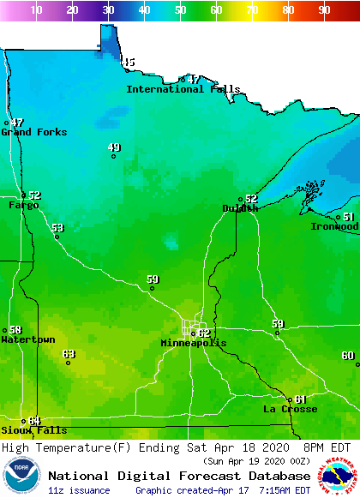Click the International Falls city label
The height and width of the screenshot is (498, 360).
tap(183, 89)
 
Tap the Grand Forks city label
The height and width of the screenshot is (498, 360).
tap(34, 132)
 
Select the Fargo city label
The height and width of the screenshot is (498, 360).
tap(24, 206)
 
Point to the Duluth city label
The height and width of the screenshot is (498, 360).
tap(240, 208)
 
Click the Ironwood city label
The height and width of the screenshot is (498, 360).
tap(334, 226)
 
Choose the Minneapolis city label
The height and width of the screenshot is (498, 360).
tap(194, 343)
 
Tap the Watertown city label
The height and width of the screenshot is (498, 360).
tap(27, 339)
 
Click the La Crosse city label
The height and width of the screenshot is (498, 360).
tap(290, 409)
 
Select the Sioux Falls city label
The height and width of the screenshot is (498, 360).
tap(33, 430)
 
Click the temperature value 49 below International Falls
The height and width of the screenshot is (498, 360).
tap(114, 147)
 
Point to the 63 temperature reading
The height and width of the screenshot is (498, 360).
tap(69, 353)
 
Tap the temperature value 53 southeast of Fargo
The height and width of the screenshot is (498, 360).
tap(57, 228)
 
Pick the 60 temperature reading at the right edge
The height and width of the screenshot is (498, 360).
tap(347, 355)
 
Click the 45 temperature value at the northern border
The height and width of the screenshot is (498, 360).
tap(129, 62)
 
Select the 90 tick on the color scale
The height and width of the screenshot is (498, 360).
tap(324, 10)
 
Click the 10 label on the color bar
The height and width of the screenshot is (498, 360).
tap(36, 10)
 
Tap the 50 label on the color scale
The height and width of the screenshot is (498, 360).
tap(180, 10)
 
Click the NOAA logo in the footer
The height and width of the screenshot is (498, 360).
tap(21, 476)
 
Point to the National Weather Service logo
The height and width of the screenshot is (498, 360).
tap(339, 476)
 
